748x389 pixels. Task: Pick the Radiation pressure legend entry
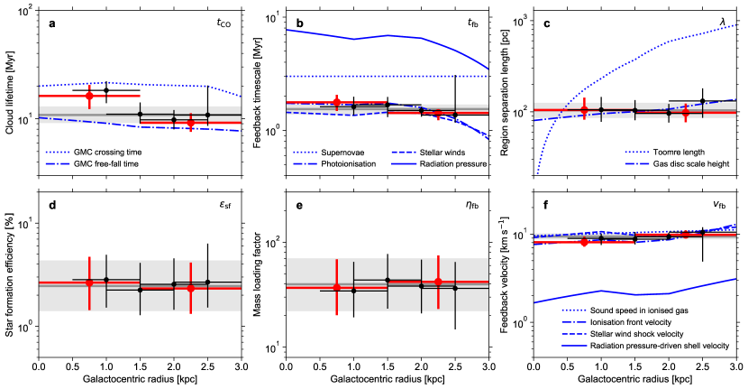pos(452,164)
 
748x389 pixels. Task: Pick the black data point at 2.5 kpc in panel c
pos(702,101)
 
